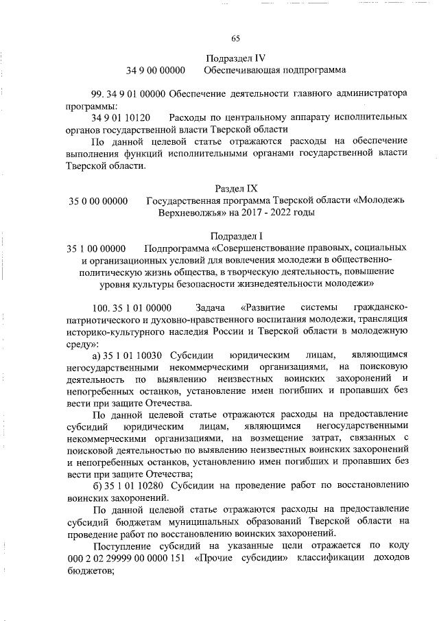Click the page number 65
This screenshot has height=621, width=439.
pos(235,38)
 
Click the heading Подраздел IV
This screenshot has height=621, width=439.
pos(235,58)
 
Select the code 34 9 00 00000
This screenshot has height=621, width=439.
pos(156,71)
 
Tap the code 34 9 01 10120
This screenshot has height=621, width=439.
pos(121,117)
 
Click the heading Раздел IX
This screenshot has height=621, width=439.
pos(235,188)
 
